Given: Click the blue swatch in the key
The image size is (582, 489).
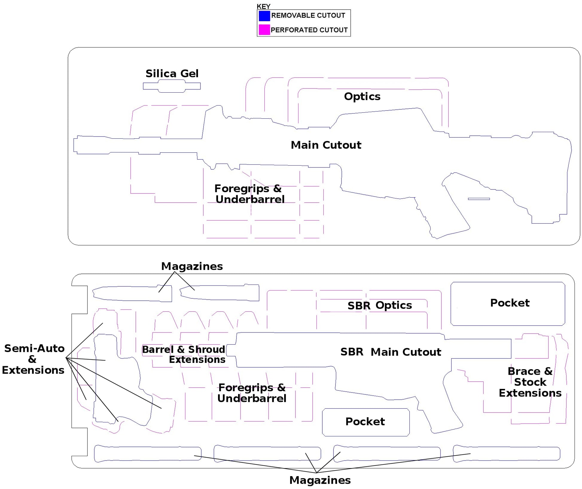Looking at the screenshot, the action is coord(264,16).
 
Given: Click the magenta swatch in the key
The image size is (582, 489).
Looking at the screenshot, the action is coord(264,30).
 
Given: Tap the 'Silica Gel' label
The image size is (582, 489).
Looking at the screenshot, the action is coord(172,74).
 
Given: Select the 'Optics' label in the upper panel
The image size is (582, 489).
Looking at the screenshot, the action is coord(362,97).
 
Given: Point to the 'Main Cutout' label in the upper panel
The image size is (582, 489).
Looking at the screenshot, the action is coord(326,145).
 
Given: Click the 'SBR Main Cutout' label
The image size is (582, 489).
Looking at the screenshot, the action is coord(391,352).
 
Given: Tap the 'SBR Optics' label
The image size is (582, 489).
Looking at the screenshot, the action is coord(380,305).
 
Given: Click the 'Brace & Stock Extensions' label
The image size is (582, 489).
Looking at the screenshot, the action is coord(530,382).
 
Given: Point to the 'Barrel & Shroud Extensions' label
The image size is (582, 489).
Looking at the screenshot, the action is coord(184,354).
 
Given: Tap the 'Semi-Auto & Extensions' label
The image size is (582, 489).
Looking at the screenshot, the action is coord(33,359).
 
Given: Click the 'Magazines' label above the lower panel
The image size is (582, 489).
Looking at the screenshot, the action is coord(192,266).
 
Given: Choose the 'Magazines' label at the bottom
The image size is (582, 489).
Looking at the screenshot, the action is coord(320,480).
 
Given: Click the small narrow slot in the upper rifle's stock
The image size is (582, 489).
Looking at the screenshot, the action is coord(479,199).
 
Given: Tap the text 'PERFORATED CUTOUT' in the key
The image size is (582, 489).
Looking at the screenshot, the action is coord(309,30).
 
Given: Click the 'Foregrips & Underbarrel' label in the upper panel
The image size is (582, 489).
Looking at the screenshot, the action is coord(249,194).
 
